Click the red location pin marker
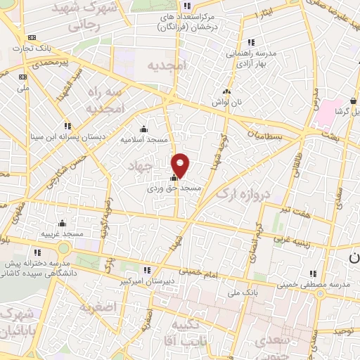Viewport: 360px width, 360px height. (181, 166)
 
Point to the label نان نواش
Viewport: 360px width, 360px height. (228, 102)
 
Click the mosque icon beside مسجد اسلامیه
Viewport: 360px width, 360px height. (143, 129)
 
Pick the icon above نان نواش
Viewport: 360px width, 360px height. (226, 91)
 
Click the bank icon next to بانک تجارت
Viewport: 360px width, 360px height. (30, 37)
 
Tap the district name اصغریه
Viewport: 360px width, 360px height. (96, 307)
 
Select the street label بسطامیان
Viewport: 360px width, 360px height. (266, 132)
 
